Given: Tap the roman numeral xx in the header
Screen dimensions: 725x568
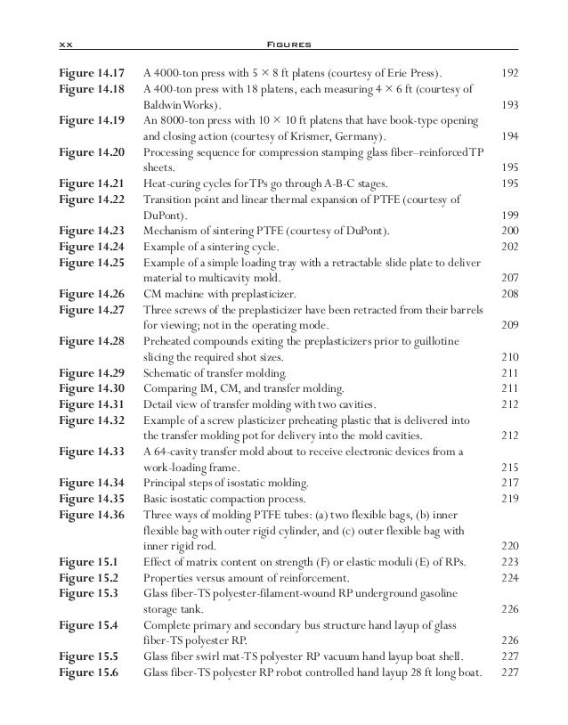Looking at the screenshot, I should click(x=64, y=44).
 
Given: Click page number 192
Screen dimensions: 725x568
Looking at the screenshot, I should click(x=510, y=71).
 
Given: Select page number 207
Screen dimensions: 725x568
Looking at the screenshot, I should click(x=510, y=278).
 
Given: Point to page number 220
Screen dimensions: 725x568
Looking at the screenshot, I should click(x=510, y=546).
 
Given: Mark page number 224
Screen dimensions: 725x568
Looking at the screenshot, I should click(x=510, y=577).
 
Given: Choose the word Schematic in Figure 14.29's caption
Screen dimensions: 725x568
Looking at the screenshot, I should click(x=170, y=372).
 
